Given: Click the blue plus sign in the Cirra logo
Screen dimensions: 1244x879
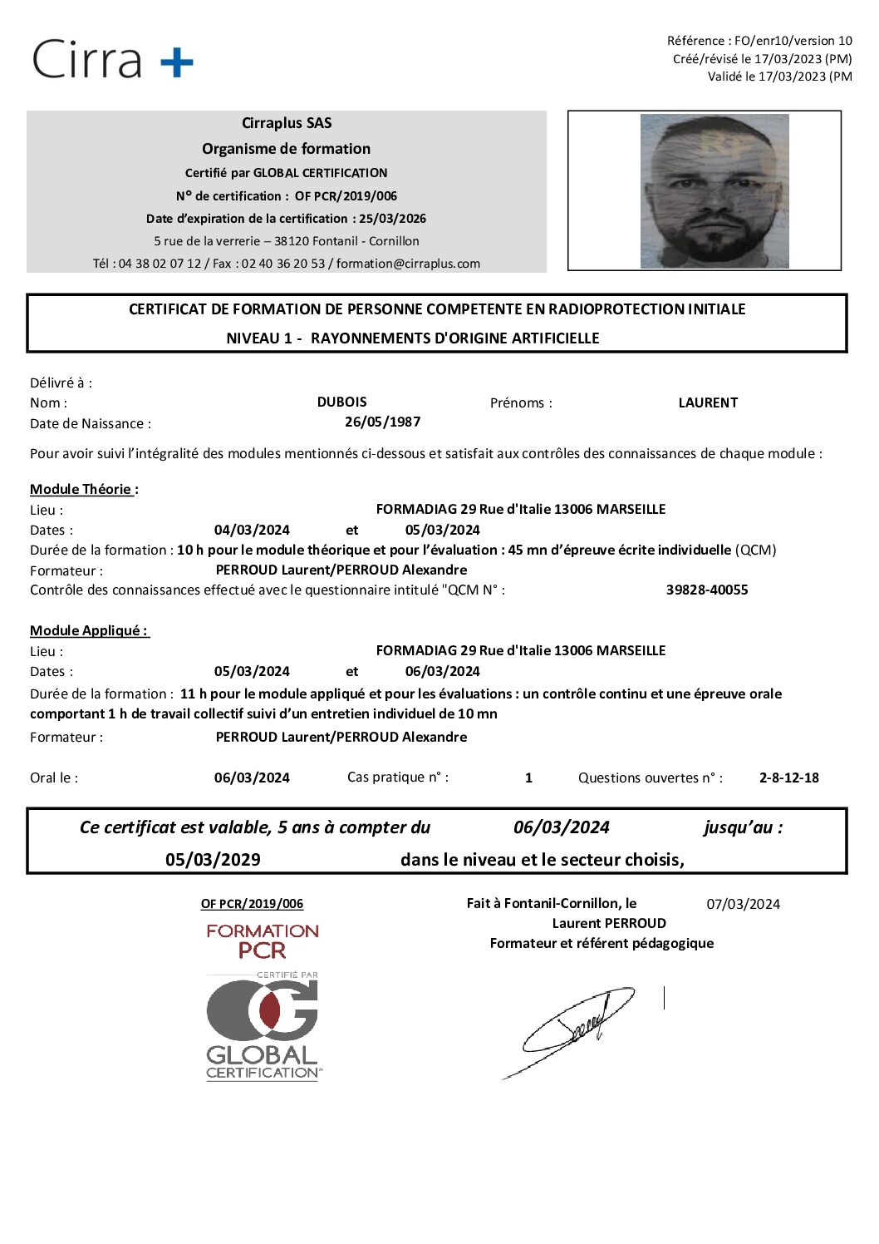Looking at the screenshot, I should (x=176, y=62).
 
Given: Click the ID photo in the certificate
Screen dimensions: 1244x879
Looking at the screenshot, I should (x=714, y=191).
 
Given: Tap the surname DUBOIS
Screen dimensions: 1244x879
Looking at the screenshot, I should (x=341, y=402).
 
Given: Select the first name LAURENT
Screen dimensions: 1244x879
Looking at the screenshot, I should (x=708, y=402).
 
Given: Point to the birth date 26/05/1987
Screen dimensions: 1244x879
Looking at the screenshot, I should (x=382, y=422).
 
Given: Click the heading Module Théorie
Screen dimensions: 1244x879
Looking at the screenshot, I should (x=83, y=489).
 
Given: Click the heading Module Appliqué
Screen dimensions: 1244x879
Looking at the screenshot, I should (x=88, y=630).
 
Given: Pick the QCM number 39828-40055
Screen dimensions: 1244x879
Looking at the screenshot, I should (x=707, y=590).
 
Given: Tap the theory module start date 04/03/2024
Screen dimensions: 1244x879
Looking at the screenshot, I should (x=252, y=530).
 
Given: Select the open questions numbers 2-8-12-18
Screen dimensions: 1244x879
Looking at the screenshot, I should (x=788, y=777).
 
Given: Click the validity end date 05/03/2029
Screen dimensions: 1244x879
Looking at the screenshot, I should (x=213, y=860).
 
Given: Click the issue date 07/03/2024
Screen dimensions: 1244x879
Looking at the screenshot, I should (x=743, y=904).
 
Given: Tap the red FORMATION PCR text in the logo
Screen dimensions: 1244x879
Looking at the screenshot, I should (x=263, y=940).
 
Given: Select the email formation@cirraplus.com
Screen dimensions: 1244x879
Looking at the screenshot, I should (x=408, y=264).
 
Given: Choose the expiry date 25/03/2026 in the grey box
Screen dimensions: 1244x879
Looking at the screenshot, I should (x=392, y=219).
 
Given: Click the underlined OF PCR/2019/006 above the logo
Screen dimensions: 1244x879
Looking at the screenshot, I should (x=252, y=904).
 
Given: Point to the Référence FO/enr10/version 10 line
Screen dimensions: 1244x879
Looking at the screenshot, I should (x=759, y=41).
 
